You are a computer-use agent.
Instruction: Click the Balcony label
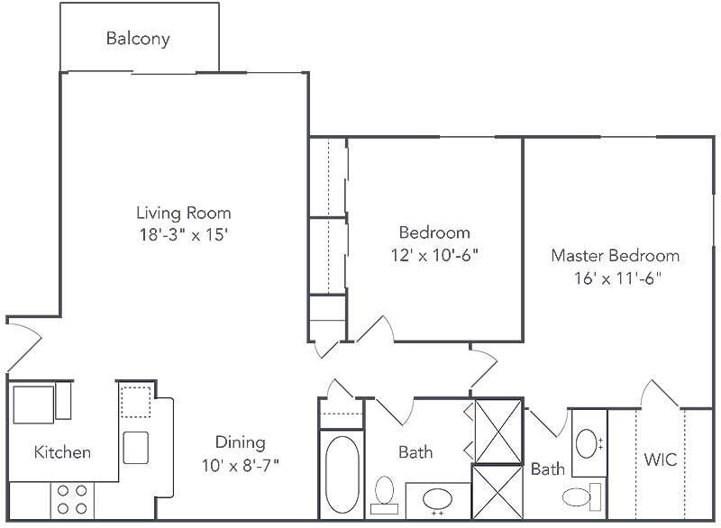(x=138, y=39)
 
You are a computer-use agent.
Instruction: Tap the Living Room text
(x=183, y=214)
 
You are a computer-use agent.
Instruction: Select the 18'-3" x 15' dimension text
(x=183, y=236)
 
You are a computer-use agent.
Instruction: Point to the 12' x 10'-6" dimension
(x=435, y=255)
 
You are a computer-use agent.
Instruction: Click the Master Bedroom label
(x=616, y=256)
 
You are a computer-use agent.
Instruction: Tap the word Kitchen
(x=62, y=452)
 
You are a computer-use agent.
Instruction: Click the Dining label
(x=240, y=442)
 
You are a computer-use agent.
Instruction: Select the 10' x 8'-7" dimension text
(x=240, y=465)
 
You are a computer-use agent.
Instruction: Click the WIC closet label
(x=660, y=460)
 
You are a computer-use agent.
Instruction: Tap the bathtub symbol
(x=341, y=475)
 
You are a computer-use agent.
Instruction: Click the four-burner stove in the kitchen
(x=72, y=498)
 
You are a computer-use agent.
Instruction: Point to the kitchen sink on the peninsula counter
(x=136, y=447)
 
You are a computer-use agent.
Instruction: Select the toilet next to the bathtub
(x=385, y=495)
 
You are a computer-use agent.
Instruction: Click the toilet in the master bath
(x=579, y=495)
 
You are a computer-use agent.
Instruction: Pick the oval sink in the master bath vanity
(x=587, y=443)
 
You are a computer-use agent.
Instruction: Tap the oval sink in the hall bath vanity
(x=438, y=499)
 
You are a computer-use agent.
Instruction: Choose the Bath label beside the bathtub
(x=415, y=452)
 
